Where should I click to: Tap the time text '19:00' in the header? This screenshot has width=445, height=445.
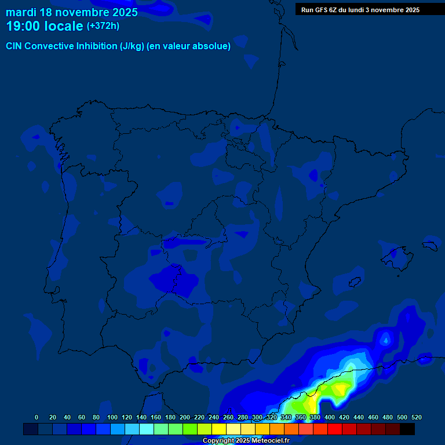coord(24,26)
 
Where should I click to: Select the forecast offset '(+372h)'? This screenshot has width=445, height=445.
coord(103,26)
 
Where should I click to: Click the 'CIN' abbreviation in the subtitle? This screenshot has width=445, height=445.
coord(15,46)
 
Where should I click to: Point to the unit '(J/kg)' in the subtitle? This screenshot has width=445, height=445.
coord(132,46)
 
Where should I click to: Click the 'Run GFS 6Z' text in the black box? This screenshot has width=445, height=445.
coord(319,10)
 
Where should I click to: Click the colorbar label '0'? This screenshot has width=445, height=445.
coord(37,417)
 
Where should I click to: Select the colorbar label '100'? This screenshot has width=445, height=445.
coord(112,417)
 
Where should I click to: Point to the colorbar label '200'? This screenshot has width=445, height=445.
coord(185,417)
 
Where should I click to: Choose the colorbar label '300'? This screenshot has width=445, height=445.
coord(257,417)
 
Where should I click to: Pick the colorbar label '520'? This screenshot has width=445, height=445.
coord(416,417)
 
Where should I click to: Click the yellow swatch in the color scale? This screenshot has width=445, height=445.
coord(219,429)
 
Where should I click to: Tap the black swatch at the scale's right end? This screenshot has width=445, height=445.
coord(407,429)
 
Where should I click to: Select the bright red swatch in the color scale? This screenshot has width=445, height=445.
coord(335,429)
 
